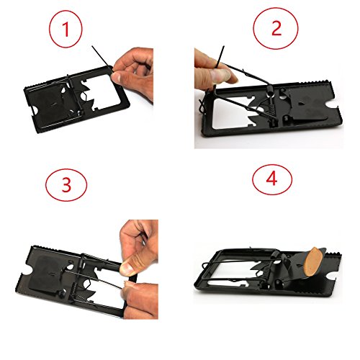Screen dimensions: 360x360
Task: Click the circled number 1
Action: tap(66, 29)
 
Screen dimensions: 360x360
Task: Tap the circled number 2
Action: tap(276, 28)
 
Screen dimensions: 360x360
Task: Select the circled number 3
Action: tap(66, 185)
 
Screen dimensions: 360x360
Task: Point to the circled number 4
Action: tap(272, 179)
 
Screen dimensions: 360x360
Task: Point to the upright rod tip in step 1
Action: tap(92, 47)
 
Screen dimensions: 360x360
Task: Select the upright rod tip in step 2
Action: tap(223, 47)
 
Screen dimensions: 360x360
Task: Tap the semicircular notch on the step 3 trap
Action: tap(27, 271)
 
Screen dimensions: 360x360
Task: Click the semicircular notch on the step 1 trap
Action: tap(34, 112)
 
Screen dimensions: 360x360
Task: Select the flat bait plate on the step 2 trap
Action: tap(306, 106)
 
